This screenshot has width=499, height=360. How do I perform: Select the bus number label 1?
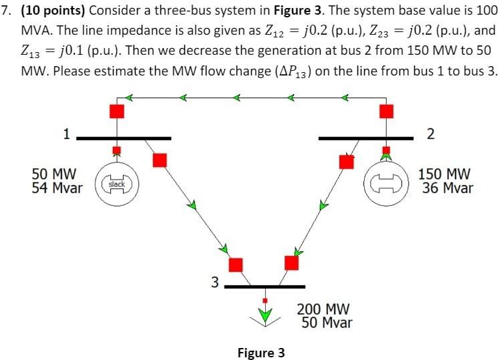[x=66, y=134]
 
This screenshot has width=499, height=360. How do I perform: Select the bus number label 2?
[x=430, y=134]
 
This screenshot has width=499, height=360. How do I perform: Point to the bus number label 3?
[x=214, y=283]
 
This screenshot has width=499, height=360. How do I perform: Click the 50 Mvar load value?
[x=327, y=323]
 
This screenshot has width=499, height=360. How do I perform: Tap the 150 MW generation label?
[x=445, y=174]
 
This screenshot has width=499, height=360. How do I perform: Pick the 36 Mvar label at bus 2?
[x=447, y=188]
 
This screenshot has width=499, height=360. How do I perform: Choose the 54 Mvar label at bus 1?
[x=57, y=188]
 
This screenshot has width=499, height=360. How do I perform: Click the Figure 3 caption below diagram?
[x=261, y=353]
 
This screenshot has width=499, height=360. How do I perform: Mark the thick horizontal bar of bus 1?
[x=124, y=138]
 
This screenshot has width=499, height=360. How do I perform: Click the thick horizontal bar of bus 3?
[x=265, y=287]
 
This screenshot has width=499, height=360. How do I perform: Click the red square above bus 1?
[x=117, y=111]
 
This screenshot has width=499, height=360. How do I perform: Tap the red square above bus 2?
[x=386, y=111]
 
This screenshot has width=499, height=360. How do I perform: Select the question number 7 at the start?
[x=7, y=11]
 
